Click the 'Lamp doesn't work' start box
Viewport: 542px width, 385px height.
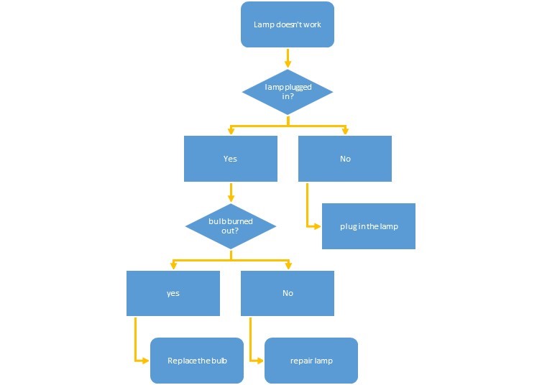tap(288, 24)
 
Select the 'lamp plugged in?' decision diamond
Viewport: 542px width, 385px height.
tap(288, 92)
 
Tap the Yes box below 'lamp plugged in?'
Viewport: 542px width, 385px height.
tap(230, 159)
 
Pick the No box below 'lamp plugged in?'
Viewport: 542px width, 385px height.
tap(345, 159)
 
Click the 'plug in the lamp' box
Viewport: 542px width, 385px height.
tap(368, 226)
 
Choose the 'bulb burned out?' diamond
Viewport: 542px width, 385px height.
tap(230, 226)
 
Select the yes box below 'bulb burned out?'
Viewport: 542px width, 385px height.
tap(173, 293)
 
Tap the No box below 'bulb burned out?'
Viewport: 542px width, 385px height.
tap(288, 293)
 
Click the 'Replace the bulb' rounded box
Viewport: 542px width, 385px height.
tap(197, 361)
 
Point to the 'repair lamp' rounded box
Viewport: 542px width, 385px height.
tap(311, 361)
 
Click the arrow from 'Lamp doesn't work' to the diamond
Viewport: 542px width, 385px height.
tap(288, 58)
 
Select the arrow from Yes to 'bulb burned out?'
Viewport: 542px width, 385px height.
tap(230, 192)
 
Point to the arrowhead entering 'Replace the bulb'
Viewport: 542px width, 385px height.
tap(146, 361)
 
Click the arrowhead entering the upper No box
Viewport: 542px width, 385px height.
tap(345, 131)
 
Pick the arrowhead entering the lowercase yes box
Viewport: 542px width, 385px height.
tap(173, 266)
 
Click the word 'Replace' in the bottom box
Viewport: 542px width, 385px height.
tap(182, 361)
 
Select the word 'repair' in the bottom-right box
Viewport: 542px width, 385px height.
tap(300, 361)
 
